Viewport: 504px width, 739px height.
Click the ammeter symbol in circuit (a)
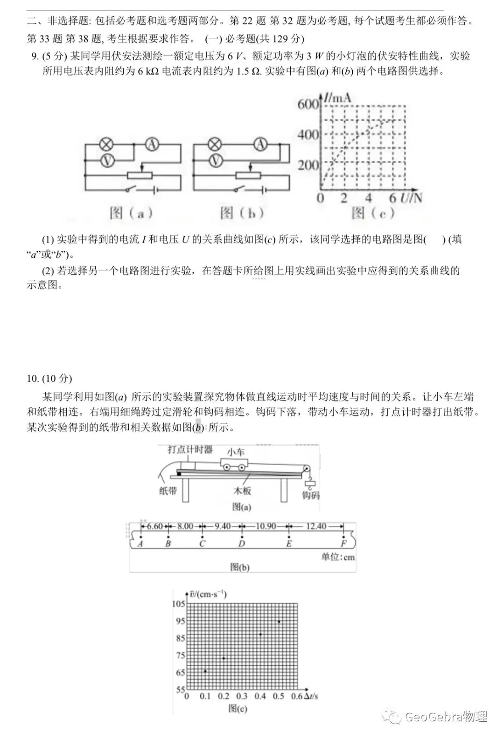[x=151, y=145]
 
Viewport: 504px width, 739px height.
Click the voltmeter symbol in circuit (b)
[x=215, y=161]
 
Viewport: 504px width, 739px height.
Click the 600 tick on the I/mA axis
[x=308, y=104]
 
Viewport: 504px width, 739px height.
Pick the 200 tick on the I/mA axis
[x=308, y=165]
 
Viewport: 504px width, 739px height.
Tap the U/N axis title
[x=411, y=198]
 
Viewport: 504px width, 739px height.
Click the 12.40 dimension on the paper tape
[x=316, y=526]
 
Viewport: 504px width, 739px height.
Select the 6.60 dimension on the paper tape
[x=154, y=526]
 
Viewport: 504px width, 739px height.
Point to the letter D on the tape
[x=241, y=543]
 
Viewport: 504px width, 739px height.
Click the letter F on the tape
[x=343, y=543]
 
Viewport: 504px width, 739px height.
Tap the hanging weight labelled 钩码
[x=310, y=484]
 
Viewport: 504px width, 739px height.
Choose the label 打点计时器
[x=190, y=449]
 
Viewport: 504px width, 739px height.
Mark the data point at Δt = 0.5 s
[x=279, y=622]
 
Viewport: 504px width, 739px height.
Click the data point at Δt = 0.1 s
[x=205, y=671]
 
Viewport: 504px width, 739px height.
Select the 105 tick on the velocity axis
[x=179, y=604]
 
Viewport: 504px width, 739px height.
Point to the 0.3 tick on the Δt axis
[x=242, y=696]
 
